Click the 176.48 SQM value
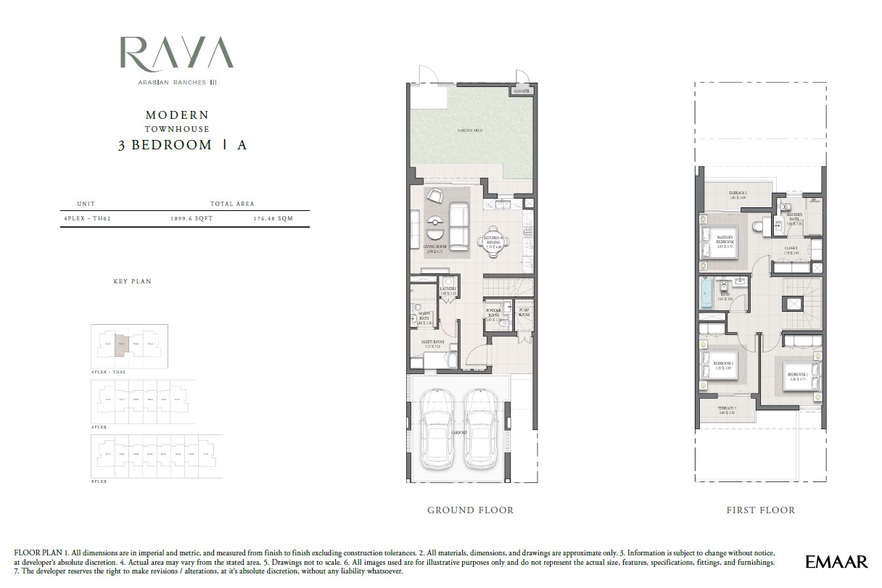[x=273, y=218]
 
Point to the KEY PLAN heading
[x=132, y=281]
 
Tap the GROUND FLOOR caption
[x=470, y=510]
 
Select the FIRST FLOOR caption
[x=760, y=510]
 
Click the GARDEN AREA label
[x=469, y=131]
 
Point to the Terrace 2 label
[x=728, y=410]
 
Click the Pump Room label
[x=524, y=313]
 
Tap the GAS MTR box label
[x=522, y=91]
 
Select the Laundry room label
[x=447, y=290]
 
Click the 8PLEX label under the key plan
[x=99, y=481]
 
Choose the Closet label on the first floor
[x=791, y=249]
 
